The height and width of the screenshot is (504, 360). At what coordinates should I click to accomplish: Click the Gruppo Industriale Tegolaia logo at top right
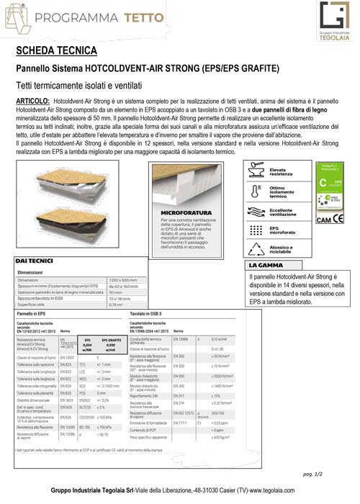pos(329,22)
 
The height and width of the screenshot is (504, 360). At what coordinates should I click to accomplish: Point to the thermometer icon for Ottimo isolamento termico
pos(254,191)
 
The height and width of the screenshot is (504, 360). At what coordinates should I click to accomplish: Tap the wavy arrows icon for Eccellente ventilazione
pos(254,212)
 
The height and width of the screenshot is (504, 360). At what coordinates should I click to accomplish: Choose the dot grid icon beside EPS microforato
pos(254,230)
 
